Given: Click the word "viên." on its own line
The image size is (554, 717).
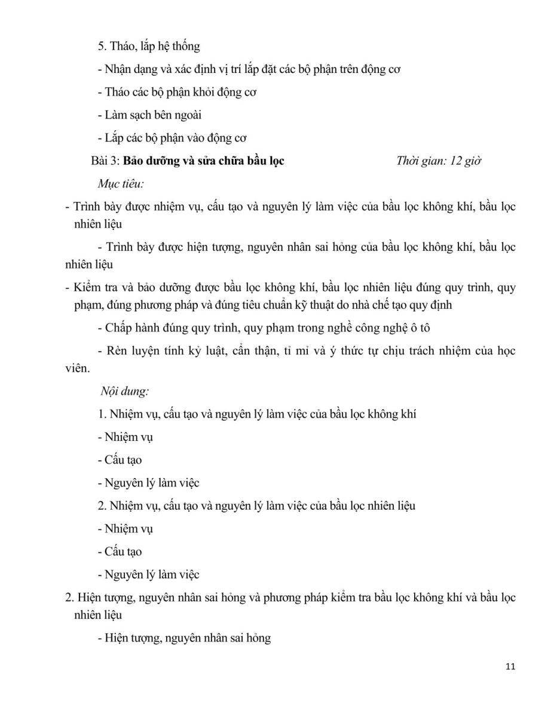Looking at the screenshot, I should (77, 369).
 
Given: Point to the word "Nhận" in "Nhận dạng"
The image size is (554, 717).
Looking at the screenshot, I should (118, 69).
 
